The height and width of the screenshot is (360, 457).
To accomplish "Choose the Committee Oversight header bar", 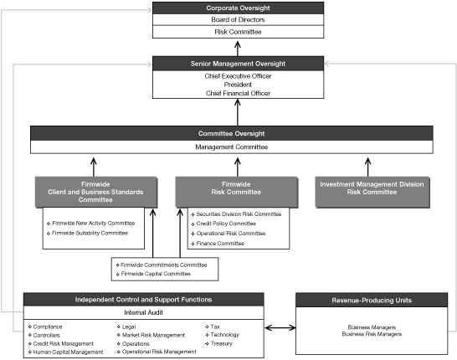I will (232, 132).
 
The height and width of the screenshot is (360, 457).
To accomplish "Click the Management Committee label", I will (232, 147).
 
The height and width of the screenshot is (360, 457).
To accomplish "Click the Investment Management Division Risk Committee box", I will (367, 192).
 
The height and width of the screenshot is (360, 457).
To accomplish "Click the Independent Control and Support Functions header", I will (144, 300).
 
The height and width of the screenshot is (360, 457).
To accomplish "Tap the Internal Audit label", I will (144, 312).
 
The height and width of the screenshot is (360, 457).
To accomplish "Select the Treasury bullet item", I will (222, 342).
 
